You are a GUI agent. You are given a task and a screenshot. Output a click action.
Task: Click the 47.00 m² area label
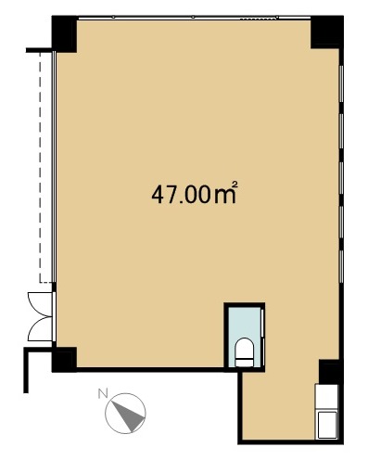point(195,193)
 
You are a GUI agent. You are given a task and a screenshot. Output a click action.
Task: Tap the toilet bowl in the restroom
point(244,352)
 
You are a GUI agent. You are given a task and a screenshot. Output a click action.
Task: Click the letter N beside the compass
point(103,393)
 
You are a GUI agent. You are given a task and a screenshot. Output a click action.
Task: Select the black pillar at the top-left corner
point(64,33)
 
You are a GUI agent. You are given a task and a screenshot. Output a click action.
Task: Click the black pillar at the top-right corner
point(327,32)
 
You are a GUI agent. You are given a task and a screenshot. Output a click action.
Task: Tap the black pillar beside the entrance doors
point(64,359)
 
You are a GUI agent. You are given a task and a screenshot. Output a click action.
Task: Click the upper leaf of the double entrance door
point(40,304)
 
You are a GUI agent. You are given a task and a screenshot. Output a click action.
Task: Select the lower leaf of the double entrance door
point(40,328)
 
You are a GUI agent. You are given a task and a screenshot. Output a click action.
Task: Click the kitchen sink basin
point(327,425)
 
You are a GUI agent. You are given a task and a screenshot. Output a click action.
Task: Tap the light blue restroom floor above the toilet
point(245,323)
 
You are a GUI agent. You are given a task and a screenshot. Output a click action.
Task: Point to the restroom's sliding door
point(263,337)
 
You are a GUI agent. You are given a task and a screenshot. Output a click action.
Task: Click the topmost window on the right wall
point(341,83)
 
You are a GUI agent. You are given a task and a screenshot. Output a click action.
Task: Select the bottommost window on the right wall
point(341,266)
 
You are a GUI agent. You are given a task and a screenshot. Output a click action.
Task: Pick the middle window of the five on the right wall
point(341,178)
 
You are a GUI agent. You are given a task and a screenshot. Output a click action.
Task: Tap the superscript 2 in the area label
point(235,185)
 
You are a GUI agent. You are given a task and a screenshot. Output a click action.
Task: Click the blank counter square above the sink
point(327,396)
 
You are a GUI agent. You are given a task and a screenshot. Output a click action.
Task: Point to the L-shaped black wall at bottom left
point(26,370)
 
